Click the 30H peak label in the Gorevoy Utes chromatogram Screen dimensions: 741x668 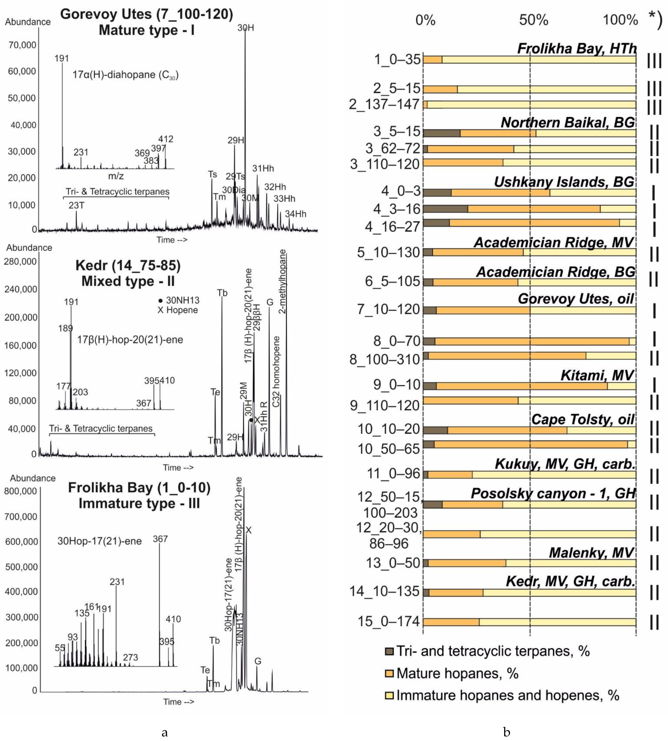pos(246,28)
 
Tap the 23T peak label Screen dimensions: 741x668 pos(76,205)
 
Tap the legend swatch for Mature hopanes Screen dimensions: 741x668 pos(389,674)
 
